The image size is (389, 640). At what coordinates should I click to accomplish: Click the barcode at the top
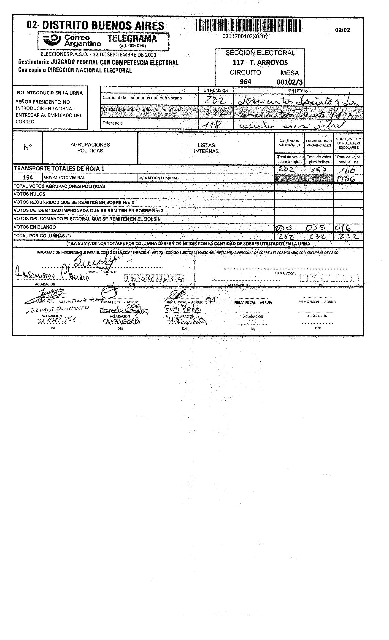pyautogui.click(x=249, y=26)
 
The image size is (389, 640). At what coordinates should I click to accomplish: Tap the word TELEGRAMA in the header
pyautogui.click(x=132, y=38)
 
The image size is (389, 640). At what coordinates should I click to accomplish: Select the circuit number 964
pyautogui.click(x=245, y=82)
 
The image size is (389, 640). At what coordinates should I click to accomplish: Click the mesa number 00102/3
pyautogui.click(x=289, y=82)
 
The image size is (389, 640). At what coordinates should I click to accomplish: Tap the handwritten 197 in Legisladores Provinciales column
pyautogui.click(x=319, y=170)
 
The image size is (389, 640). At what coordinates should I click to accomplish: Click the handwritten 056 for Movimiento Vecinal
pyautogui.click(x=346, y=179)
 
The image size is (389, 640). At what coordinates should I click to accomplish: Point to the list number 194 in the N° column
pyautogui.click(x=28, y=178)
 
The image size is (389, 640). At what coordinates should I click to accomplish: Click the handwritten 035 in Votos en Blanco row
pyautogui.click(x=315, y=228)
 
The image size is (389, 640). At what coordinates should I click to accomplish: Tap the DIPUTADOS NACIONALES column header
pyautogui.click(x=289, y=143)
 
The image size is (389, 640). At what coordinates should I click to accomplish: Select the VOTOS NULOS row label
pyautogui.click(x=29, y=194)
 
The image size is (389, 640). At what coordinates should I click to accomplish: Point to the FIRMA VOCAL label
pyautogui.click(x=285, y=273)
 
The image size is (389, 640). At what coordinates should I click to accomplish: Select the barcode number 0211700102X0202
pyautogui.click(x=245, y=37)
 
